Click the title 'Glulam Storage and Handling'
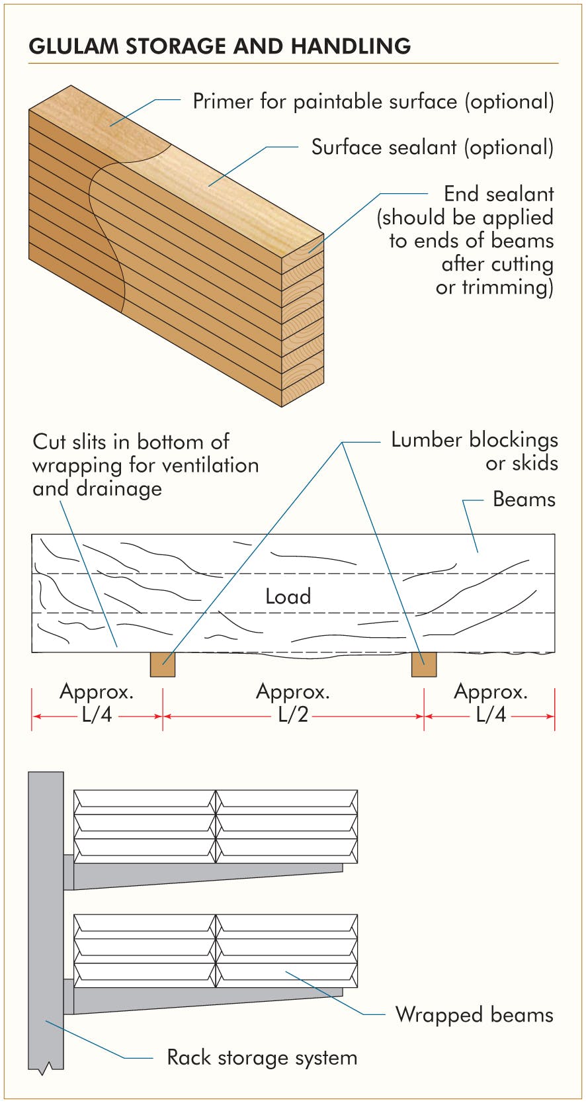[x=220, y=46]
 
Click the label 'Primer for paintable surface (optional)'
[x=373, y=101]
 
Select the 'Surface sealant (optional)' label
[x=432, y=147]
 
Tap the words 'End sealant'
[x=498, y=194]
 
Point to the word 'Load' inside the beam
[x=288, y=596]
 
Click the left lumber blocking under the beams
[x=163, y=664]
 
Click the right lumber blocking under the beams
[x=424, y=664]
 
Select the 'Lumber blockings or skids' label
[x=474, y=451]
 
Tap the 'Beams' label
[x=524, y=499]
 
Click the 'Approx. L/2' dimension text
[x=293, y=703]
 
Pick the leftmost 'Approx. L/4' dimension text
[x=97, y=703]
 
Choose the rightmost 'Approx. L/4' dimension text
[x=491, y=703]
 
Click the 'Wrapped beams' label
[x=474, y=1014]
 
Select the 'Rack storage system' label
[x=262, y=1057]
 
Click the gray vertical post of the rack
[x=46, y=926]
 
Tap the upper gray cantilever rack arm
[x=198, y=875]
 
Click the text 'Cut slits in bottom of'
[x=131, y=441]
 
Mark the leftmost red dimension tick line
[x=32, y=709]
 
